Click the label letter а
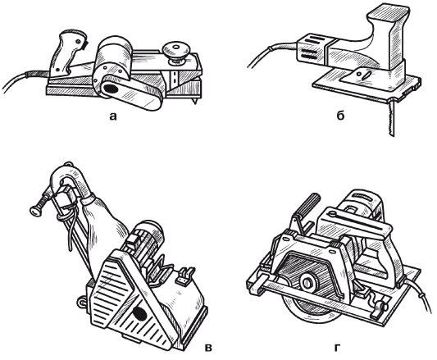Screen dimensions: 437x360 [x=112, y=116]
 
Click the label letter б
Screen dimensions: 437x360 [x=340, y=115]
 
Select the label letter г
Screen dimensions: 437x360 [x=337, y=348]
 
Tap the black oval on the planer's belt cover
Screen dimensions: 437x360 [x=111, y=89]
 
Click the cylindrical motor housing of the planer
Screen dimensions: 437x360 [x=114, y=57]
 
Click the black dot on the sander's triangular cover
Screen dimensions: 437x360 [x=139, y=313]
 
